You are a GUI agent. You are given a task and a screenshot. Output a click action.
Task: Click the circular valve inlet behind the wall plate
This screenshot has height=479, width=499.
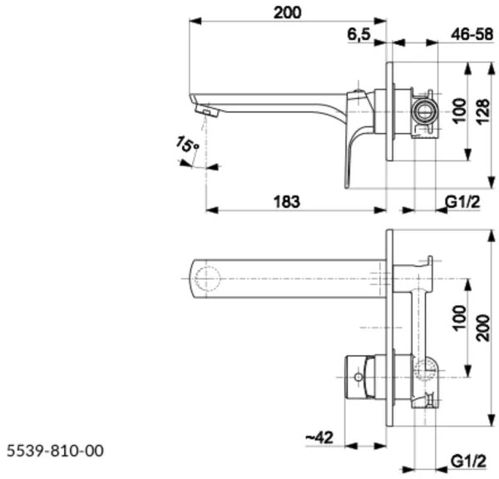[x=423, y=108]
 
